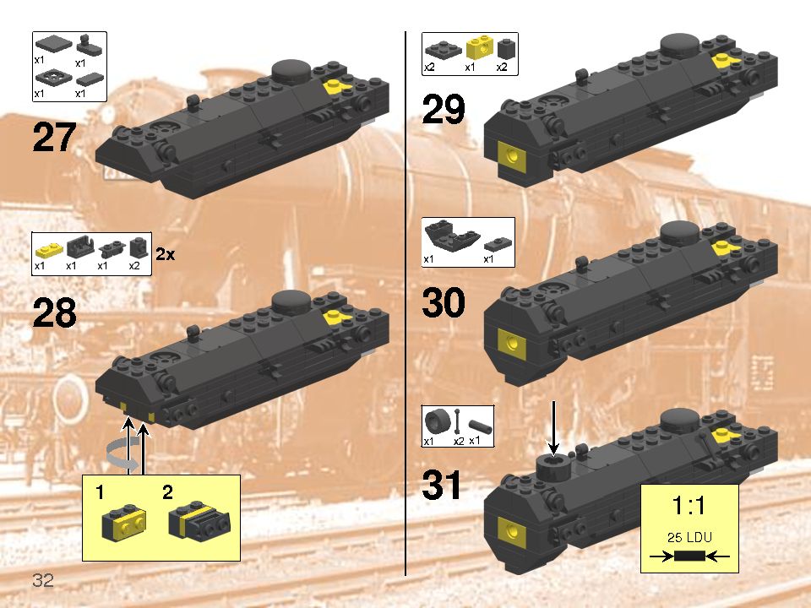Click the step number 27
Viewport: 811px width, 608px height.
tap(55, 138)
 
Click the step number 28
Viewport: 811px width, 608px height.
tap(55, 314)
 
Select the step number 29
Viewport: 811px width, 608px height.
tap(444, 111)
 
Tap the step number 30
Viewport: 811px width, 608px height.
tap(444, 302)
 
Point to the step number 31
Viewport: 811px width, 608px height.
tap(444, 486)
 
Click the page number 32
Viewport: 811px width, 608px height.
tap(44, 580)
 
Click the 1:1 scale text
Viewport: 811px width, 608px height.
tap(689, 507)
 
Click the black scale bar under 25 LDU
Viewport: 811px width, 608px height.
tap(689, 556)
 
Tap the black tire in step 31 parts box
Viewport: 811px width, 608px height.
tap(436, 421)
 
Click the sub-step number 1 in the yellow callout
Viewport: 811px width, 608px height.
tap(101, 491)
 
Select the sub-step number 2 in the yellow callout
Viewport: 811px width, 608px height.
tap(167, 491)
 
